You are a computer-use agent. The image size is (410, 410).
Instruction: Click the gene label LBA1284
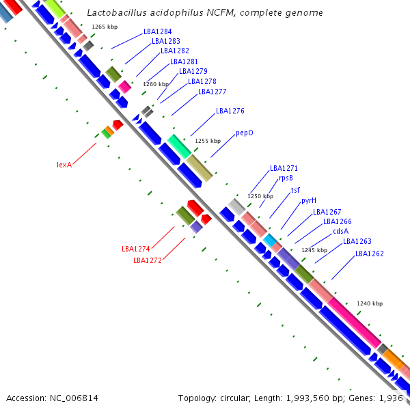pyautogui.click(x=158, y=31)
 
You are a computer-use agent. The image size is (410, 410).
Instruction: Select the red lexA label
pyautogui.click(x=64, y=165)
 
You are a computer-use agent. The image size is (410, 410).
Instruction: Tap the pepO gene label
pyautogui.click(x=245, y=133)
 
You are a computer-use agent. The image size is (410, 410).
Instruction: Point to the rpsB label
pyautogui.click(x=286, y=178)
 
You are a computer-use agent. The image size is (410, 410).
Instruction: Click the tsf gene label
pyautogui.click(x=295, y=190)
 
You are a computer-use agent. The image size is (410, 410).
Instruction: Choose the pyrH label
pyautogui.click(x=309, y=201)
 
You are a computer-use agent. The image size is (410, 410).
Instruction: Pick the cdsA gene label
pyautogui.click(x=340, y=231)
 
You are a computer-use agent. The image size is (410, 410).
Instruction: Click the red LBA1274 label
pyautogui.click(x=135, y=249)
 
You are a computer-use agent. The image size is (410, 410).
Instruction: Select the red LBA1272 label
pyautogui.click(x=147, y=260)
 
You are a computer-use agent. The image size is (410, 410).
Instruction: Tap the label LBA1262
pyautogui.click(x=369, y=254)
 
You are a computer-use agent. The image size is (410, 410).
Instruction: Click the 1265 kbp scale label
pyautogui.click(x=105, y=27)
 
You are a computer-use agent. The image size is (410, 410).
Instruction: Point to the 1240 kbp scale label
pyautogui.click(x=369, y=303)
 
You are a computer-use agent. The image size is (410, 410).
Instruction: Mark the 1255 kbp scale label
pyautogui.click(x=208, y=141)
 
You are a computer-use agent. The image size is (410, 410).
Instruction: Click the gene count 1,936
pyautogui.click(x=390, y=398)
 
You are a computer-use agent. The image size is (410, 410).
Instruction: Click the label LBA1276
pyautogui.click(x=230, y=111)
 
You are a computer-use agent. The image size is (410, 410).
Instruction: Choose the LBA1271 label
pyautogui.click(x=284, y=168)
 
